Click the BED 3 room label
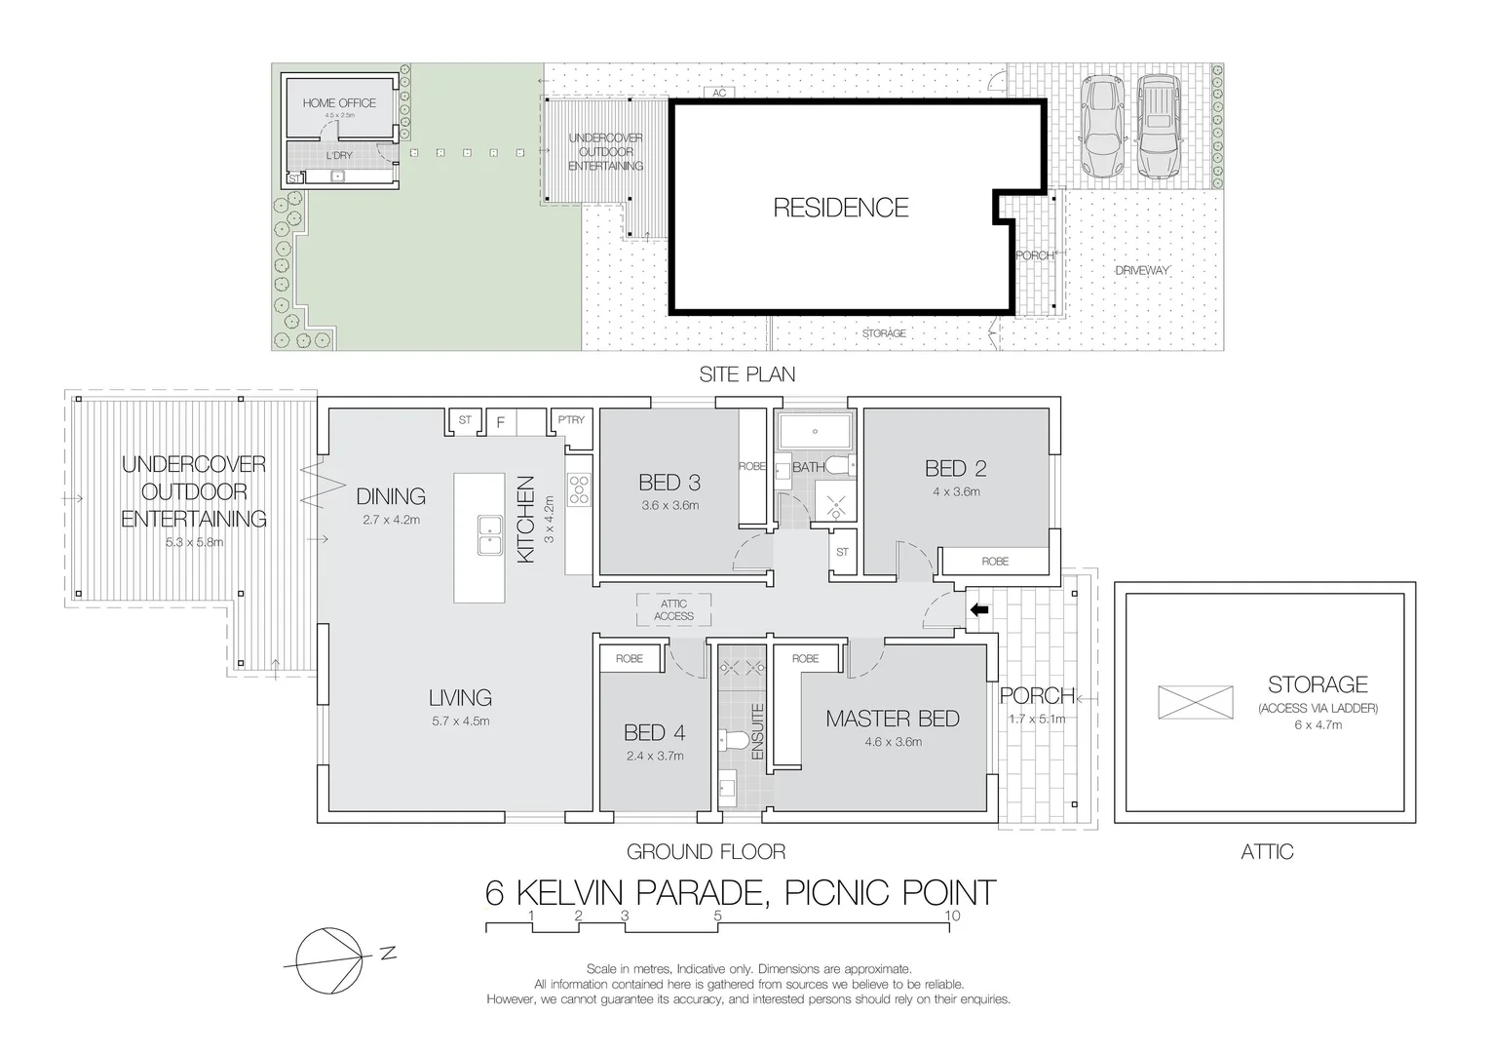669,482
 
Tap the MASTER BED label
892,719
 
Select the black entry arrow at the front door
978,610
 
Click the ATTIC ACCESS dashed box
673,610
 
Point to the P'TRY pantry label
571,420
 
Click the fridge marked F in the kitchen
501,422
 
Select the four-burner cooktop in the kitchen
580,488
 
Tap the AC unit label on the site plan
720,94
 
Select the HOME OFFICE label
339,102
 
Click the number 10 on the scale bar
953,916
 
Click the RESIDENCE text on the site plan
840,207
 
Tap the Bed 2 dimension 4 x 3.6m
955,491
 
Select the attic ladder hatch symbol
1196,702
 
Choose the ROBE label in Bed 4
629,659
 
